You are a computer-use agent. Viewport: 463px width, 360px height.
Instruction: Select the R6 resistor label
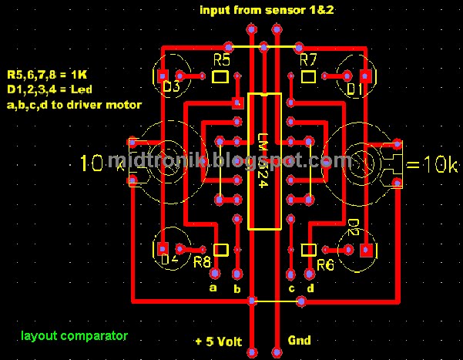324,264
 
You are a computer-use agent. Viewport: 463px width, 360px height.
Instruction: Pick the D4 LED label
170,257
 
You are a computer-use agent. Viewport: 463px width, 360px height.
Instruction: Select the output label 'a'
213,287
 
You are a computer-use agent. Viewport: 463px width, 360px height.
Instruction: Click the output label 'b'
237,289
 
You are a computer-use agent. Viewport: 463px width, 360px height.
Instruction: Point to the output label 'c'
291,288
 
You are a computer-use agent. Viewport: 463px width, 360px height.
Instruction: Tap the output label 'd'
310,288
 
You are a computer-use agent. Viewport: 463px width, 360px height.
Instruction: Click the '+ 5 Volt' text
220,341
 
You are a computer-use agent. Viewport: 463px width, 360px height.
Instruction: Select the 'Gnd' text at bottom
299,340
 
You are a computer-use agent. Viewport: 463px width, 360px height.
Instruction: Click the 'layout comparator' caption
74,336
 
